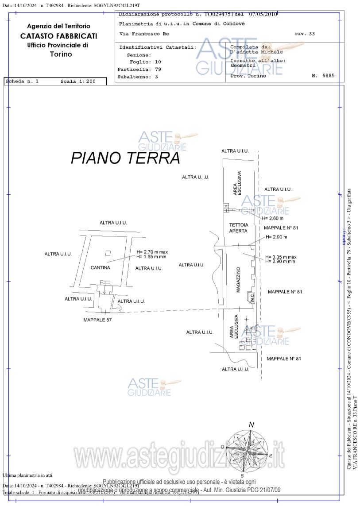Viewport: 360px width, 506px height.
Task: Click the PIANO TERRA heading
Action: point(125,158)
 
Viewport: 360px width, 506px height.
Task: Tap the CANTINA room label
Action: point(100,267)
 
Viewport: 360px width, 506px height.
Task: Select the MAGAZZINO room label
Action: point(238,279)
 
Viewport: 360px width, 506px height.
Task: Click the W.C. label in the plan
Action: point(252,298)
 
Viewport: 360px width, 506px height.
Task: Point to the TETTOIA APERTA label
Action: point(239,228)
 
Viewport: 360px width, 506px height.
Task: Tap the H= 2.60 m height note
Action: point(272,218)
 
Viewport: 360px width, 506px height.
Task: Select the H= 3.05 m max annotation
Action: point(281,257)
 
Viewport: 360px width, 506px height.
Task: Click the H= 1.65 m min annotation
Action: point(151,257)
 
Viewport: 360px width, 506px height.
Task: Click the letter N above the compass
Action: point(251,425)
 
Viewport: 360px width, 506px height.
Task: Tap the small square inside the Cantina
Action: point(108,253)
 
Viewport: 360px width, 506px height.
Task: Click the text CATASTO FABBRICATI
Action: point(58,36)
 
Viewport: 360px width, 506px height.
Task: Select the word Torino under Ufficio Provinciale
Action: point(61,54)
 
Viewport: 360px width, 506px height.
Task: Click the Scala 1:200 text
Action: point(78,81)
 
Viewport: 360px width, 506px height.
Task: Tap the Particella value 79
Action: point(158,70)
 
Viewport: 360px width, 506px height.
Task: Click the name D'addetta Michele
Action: point(256,52)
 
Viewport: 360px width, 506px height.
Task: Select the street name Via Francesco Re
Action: point(144,34)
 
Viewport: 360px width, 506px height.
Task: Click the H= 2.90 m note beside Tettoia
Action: point(276,237)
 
